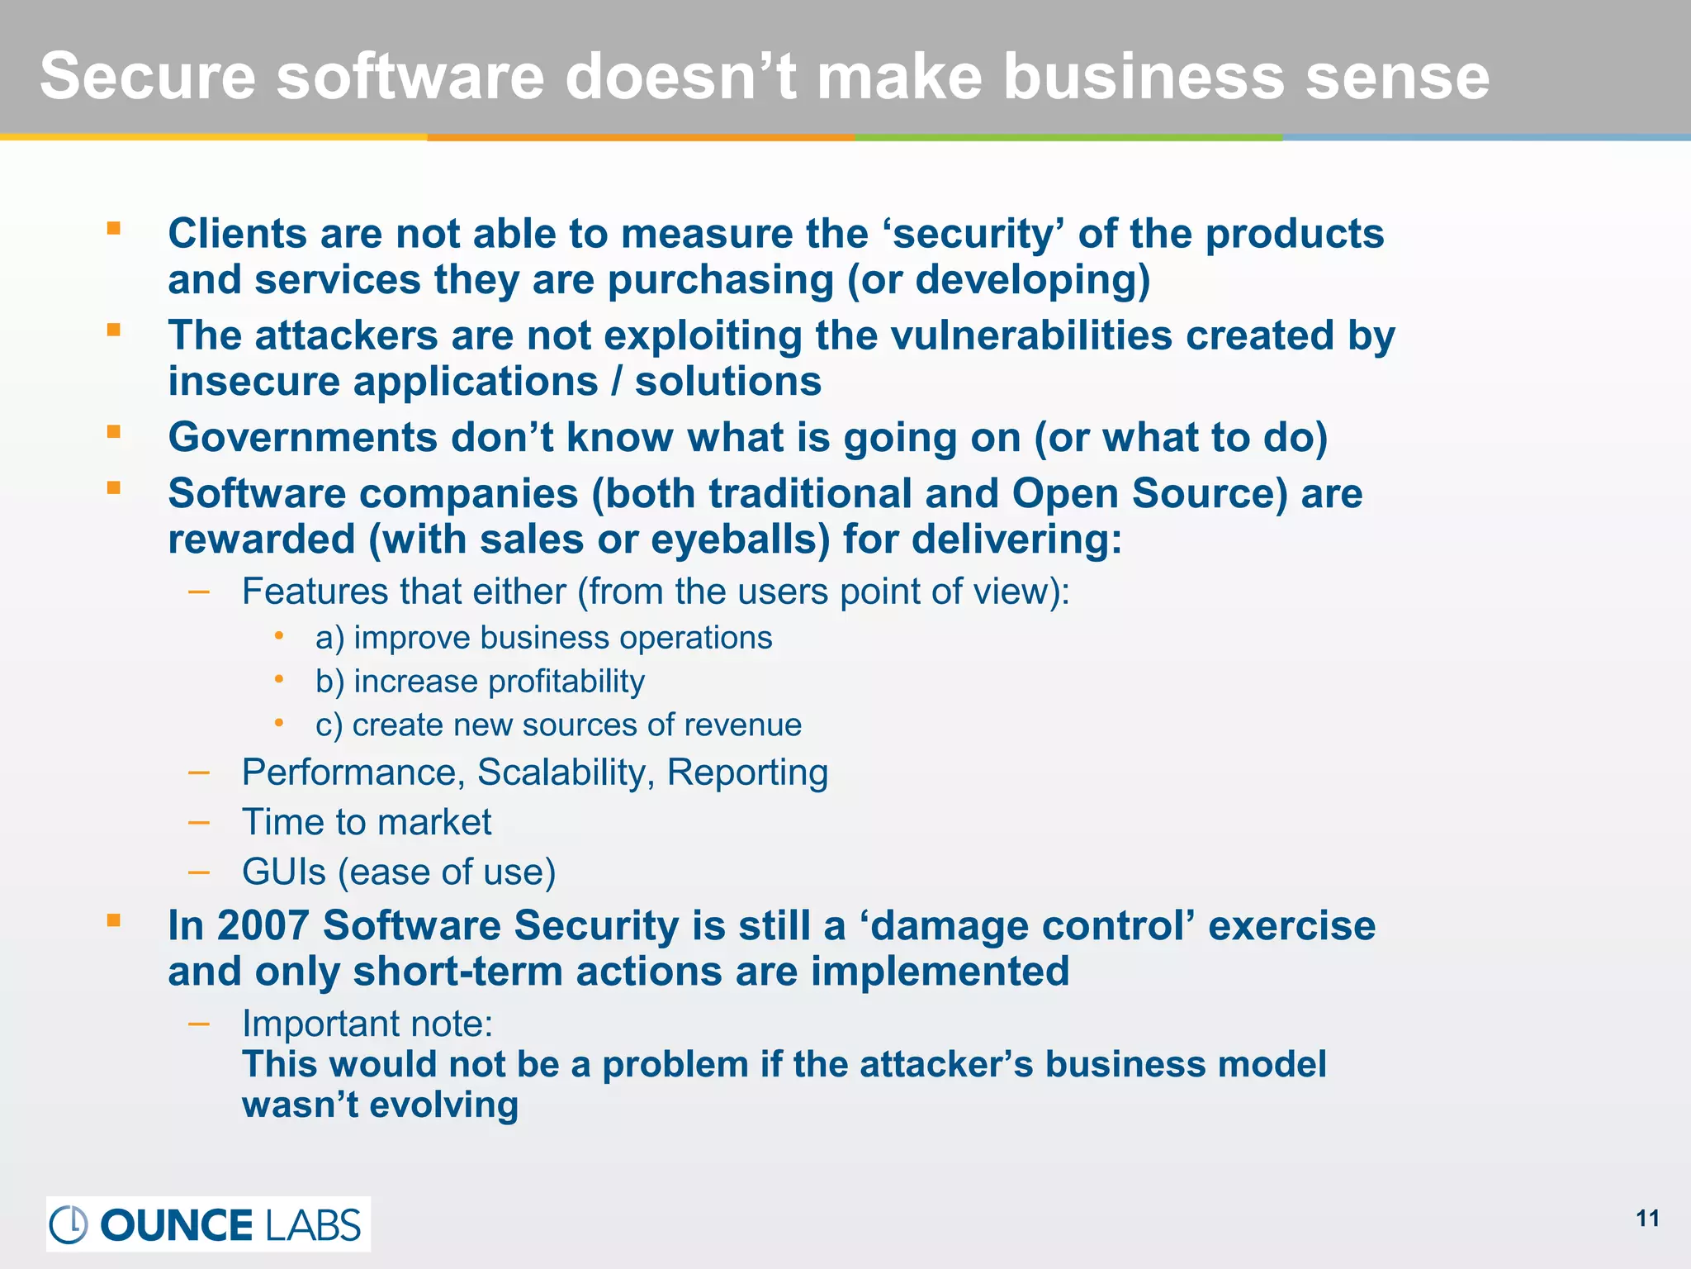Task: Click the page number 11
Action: tap(1647, 1219)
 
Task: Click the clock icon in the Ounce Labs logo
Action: tap(69, 1224)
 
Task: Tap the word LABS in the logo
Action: tap(313, 1224)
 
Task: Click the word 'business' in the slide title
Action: tap(1144, 76)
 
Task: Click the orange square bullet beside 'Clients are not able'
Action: tap(114, 228)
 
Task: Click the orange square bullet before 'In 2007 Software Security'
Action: tap(114, 920)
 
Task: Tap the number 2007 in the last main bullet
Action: tap(263, 925)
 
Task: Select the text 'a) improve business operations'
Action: tap(543, 638)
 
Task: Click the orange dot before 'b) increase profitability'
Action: tap(280, 679)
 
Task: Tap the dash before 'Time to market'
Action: tap(198, 822)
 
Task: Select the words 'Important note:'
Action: tap(367, 1024)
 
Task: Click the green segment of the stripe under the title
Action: tap(1068, 137)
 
